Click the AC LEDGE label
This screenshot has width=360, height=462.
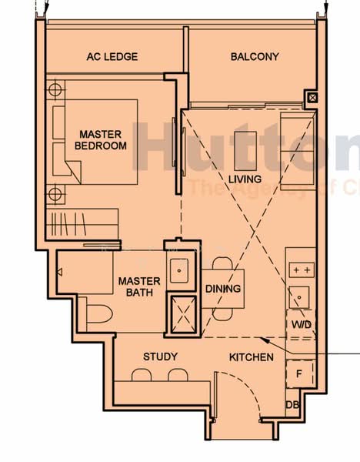113,57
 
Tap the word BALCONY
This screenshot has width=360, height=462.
255,57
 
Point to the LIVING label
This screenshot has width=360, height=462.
245,179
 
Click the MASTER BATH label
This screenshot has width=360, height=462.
139,286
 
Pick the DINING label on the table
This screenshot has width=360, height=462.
223,289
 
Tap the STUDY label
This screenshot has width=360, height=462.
160,357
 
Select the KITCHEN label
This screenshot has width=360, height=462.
251,357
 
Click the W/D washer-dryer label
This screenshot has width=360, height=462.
301,325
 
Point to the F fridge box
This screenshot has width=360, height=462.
300,373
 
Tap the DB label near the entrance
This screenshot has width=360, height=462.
292,405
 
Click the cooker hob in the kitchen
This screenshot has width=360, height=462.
301,270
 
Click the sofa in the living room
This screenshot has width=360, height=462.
297,150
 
